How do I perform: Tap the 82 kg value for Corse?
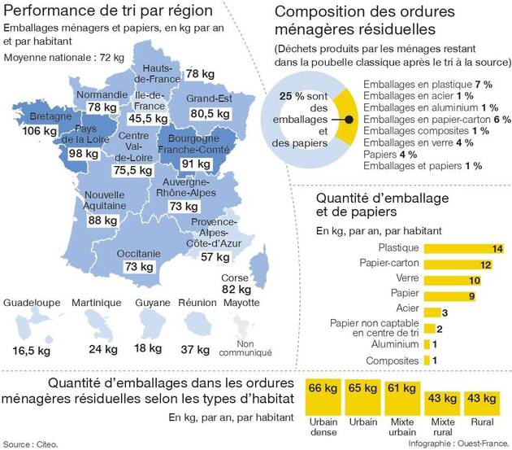(x=236, y=290)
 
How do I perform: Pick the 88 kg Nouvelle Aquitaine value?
(x=102, y=221)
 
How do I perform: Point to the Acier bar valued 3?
(x=434, y=312)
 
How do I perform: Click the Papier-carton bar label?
(x=388, y=264)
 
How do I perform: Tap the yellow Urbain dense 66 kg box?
(x=323, y=395)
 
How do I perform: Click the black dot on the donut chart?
(x=349, y=119)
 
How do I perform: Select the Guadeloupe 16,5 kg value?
(x=33, y=349)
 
